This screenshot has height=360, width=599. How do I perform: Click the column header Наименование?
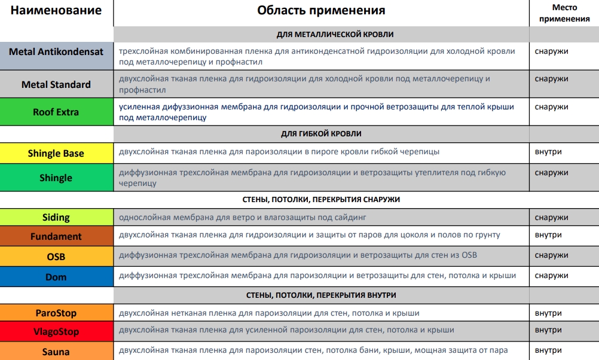click(56, 11)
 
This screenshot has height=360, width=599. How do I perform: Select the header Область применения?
click(321, 11)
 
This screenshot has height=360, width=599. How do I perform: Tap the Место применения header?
click(564, 13)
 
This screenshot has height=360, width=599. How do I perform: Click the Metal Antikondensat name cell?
click(56, 52)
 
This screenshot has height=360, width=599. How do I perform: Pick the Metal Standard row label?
click(56, 84)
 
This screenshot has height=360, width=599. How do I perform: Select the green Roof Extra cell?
click(56, 112)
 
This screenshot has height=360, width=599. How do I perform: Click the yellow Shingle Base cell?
click(56, 153)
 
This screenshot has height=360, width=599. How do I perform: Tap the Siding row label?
click(56, 217)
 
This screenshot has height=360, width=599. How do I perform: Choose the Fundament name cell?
click(56, 236)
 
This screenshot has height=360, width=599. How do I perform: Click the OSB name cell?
click(56, 257)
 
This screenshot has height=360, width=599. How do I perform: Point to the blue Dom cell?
click(56, 277)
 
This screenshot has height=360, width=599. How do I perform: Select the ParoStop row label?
click(56, 313)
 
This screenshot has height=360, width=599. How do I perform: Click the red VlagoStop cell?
click(56, 331)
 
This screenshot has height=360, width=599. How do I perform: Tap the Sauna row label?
click(56, 352)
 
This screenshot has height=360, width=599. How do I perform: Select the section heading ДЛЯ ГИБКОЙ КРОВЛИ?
click(321, 134)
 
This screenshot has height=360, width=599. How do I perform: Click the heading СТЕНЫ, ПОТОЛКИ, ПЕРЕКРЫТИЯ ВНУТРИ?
click(321, 295)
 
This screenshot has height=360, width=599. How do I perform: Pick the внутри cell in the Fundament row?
click(548, 235)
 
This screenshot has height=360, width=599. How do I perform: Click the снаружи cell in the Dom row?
click(551, 276)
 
